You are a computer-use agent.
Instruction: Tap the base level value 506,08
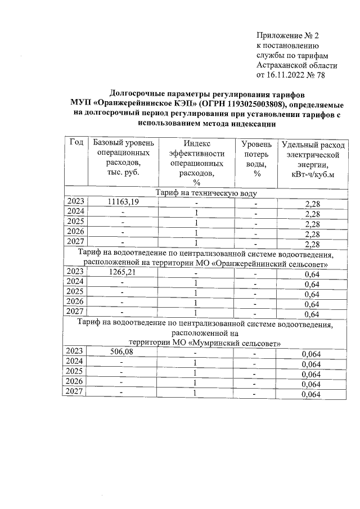tap(123, 353)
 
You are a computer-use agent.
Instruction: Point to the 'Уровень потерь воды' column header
tap(256, 158)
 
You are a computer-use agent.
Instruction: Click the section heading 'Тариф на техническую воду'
tap(206, 192)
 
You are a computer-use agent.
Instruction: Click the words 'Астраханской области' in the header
tap(292, 64)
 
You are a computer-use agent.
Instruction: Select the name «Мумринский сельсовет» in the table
tap(235, 343)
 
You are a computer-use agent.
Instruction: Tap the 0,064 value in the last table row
tap(310, 395)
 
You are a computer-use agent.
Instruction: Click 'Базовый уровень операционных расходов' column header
tap(123, 158)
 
